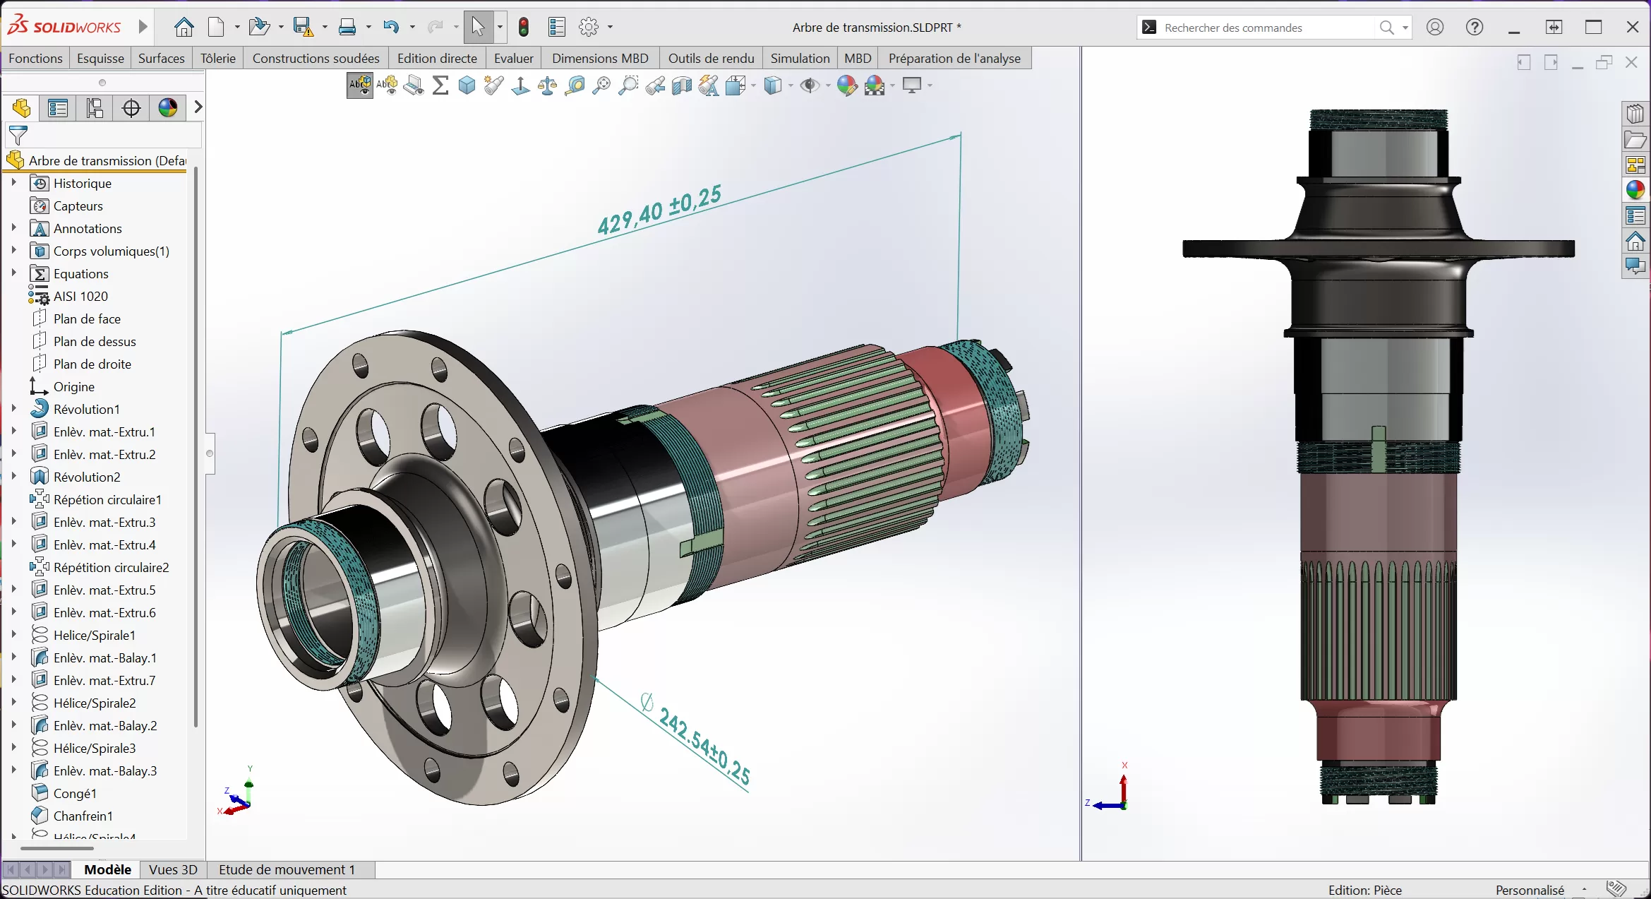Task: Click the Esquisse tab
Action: (100, 59)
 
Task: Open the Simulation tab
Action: (800, 59)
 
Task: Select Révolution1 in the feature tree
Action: (86, 410)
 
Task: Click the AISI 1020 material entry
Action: (80, 297)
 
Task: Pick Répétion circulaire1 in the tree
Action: (107, 500)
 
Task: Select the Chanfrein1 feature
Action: (83, 816)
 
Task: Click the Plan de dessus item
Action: (95, 342)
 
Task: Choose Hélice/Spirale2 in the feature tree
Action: (95, 703)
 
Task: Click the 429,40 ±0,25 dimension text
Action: (659, 210)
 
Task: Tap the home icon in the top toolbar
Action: (184, 28)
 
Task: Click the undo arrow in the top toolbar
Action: (390, 28)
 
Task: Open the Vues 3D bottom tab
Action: (173, 870)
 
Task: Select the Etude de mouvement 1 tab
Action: (287, 870)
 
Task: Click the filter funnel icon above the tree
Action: (18, 134)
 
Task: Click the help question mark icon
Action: (1474, 28)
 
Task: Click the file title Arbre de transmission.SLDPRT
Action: (872, 28)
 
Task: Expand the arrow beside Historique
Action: (13, 183)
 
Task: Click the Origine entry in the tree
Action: (73, 387)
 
